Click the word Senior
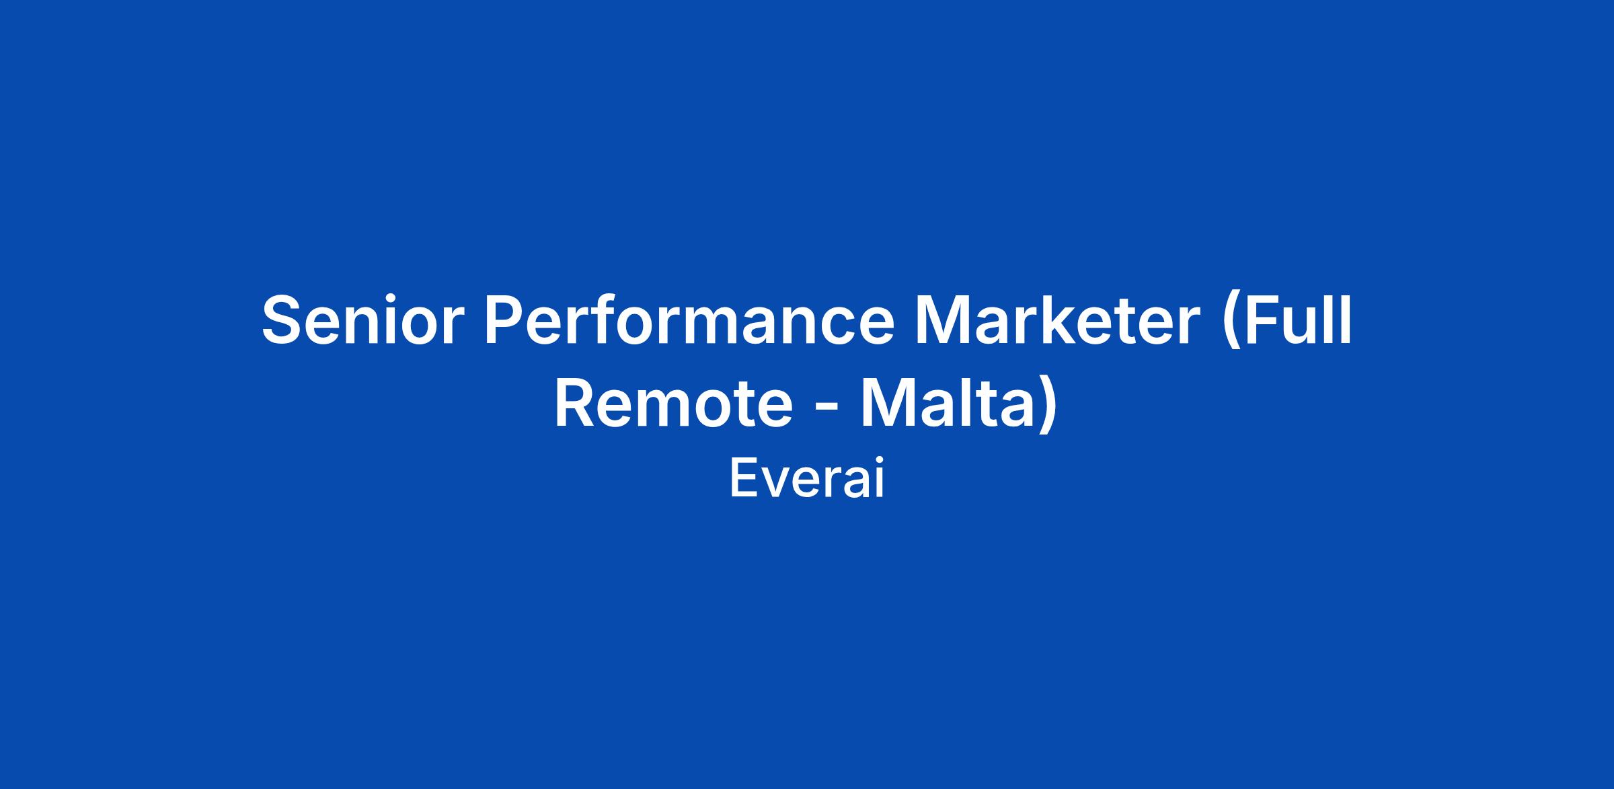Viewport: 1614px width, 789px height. coord(363,320)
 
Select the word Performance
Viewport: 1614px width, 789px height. coord(689,320)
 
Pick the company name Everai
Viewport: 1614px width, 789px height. coord(807,478)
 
